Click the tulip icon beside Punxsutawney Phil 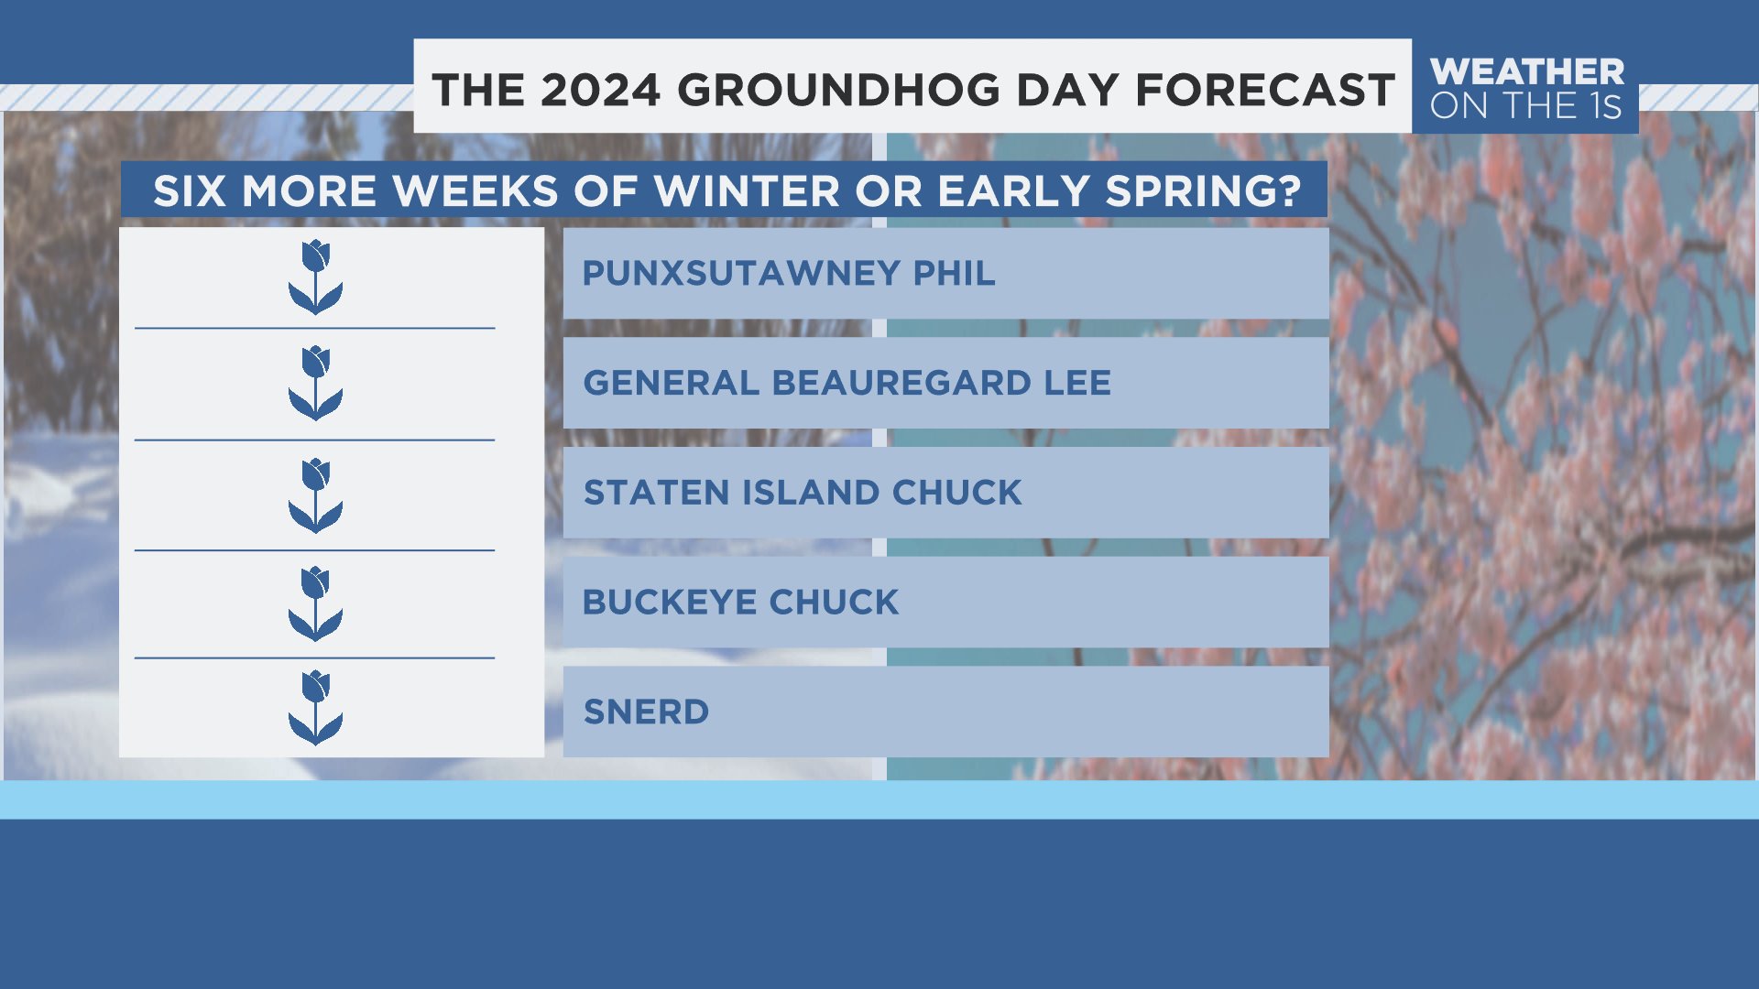point(316,277)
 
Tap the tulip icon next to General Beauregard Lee point(316,383)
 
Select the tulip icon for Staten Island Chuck point(316,495)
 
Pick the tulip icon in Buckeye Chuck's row point(316,603)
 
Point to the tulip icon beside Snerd point(316,708)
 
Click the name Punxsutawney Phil point(789,273)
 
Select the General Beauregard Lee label point(847,383)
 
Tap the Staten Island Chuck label point(803,493)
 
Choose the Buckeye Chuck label point(741,603)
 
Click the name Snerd point(647,712)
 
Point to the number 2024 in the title point(600,91)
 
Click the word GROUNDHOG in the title point(839,91)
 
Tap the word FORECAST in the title point(1265,91)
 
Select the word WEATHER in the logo point(1527,71)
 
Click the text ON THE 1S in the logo point(1526,106)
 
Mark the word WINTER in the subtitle point(747,191)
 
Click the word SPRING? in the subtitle point(1204,191)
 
